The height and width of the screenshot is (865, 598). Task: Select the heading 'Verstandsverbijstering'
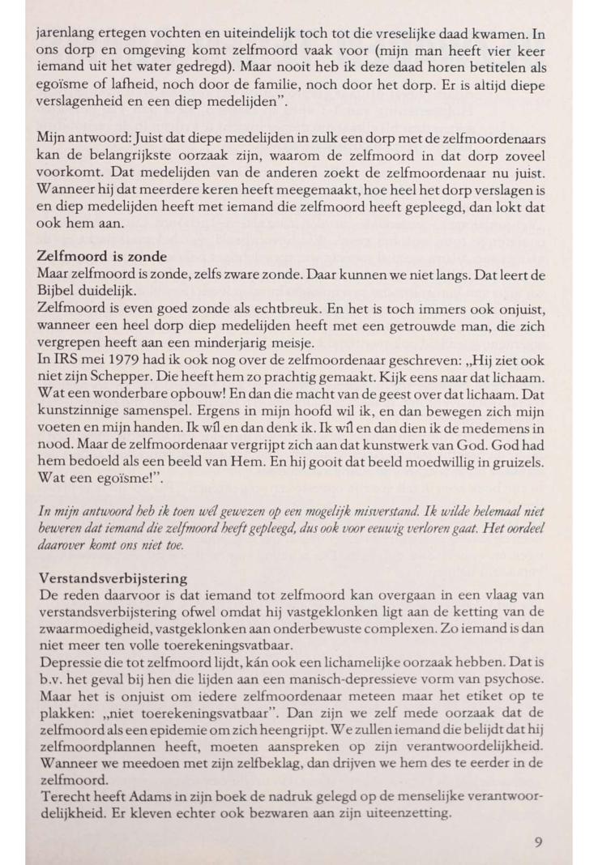(113, 579)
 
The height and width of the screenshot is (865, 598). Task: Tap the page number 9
(538, 842)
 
